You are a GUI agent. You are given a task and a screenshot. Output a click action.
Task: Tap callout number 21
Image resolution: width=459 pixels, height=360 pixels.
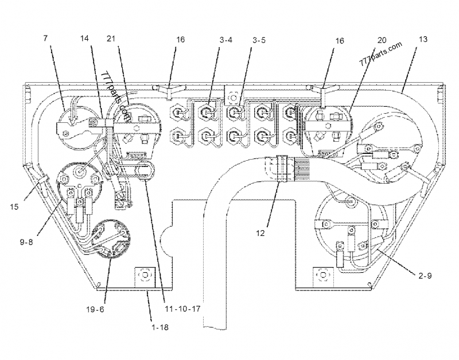click(x=111, y=40)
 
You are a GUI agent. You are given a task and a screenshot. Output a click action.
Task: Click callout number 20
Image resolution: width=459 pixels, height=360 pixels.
click(x=382, y=40)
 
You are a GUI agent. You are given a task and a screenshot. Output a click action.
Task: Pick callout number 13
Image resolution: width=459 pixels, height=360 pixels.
click(x=423, y=40)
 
